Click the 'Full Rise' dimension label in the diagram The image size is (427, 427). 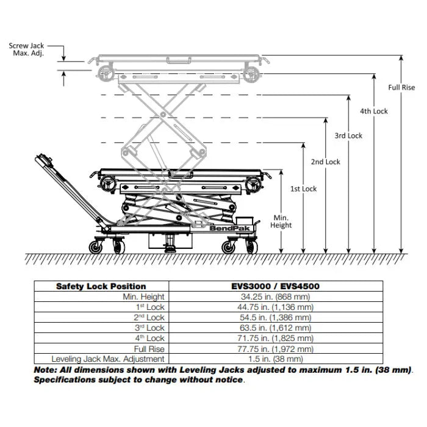pyautogui.click(x=401, y=87)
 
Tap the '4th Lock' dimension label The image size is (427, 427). pyautogui.click(x=373, y=111)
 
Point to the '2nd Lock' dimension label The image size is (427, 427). pyautogui.click(x=326, y=162)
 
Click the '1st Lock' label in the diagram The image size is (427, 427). pyautogui.click(x=303, y=189)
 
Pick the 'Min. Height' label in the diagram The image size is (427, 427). pyautogui.click(x=281, y=221)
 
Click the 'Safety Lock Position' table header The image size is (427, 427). pyautogui.click(x=101, y=286)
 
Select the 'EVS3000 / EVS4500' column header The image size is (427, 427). pyautogui.click(x=276, y=286)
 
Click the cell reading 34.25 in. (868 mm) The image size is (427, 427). pyautogui.click(x=276, y=296)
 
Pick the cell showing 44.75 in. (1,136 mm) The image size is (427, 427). pyautogui.click(x=276, y=307)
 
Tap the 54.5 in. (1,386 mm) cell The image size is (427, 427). pyautogui.click(x=276, y=317)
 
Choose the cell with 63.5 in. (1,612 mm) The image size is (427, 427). pyautogui.click(x=276, y=328)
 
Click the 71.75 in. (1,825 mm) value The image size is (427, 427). pyautogui.click(x=276, y=338)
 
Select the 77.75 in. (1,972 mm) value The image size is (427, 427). pyautogui.click(x=276, y=349)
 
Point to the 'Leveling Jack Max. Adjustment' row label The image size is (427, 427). pyautogui.click(x=108, y=359)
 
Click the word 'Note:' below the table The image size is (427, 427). pyautogui.click(x=46, y=370)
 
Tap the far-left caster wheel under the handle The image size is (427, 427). pyautogui.click(x=96, y=247)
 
